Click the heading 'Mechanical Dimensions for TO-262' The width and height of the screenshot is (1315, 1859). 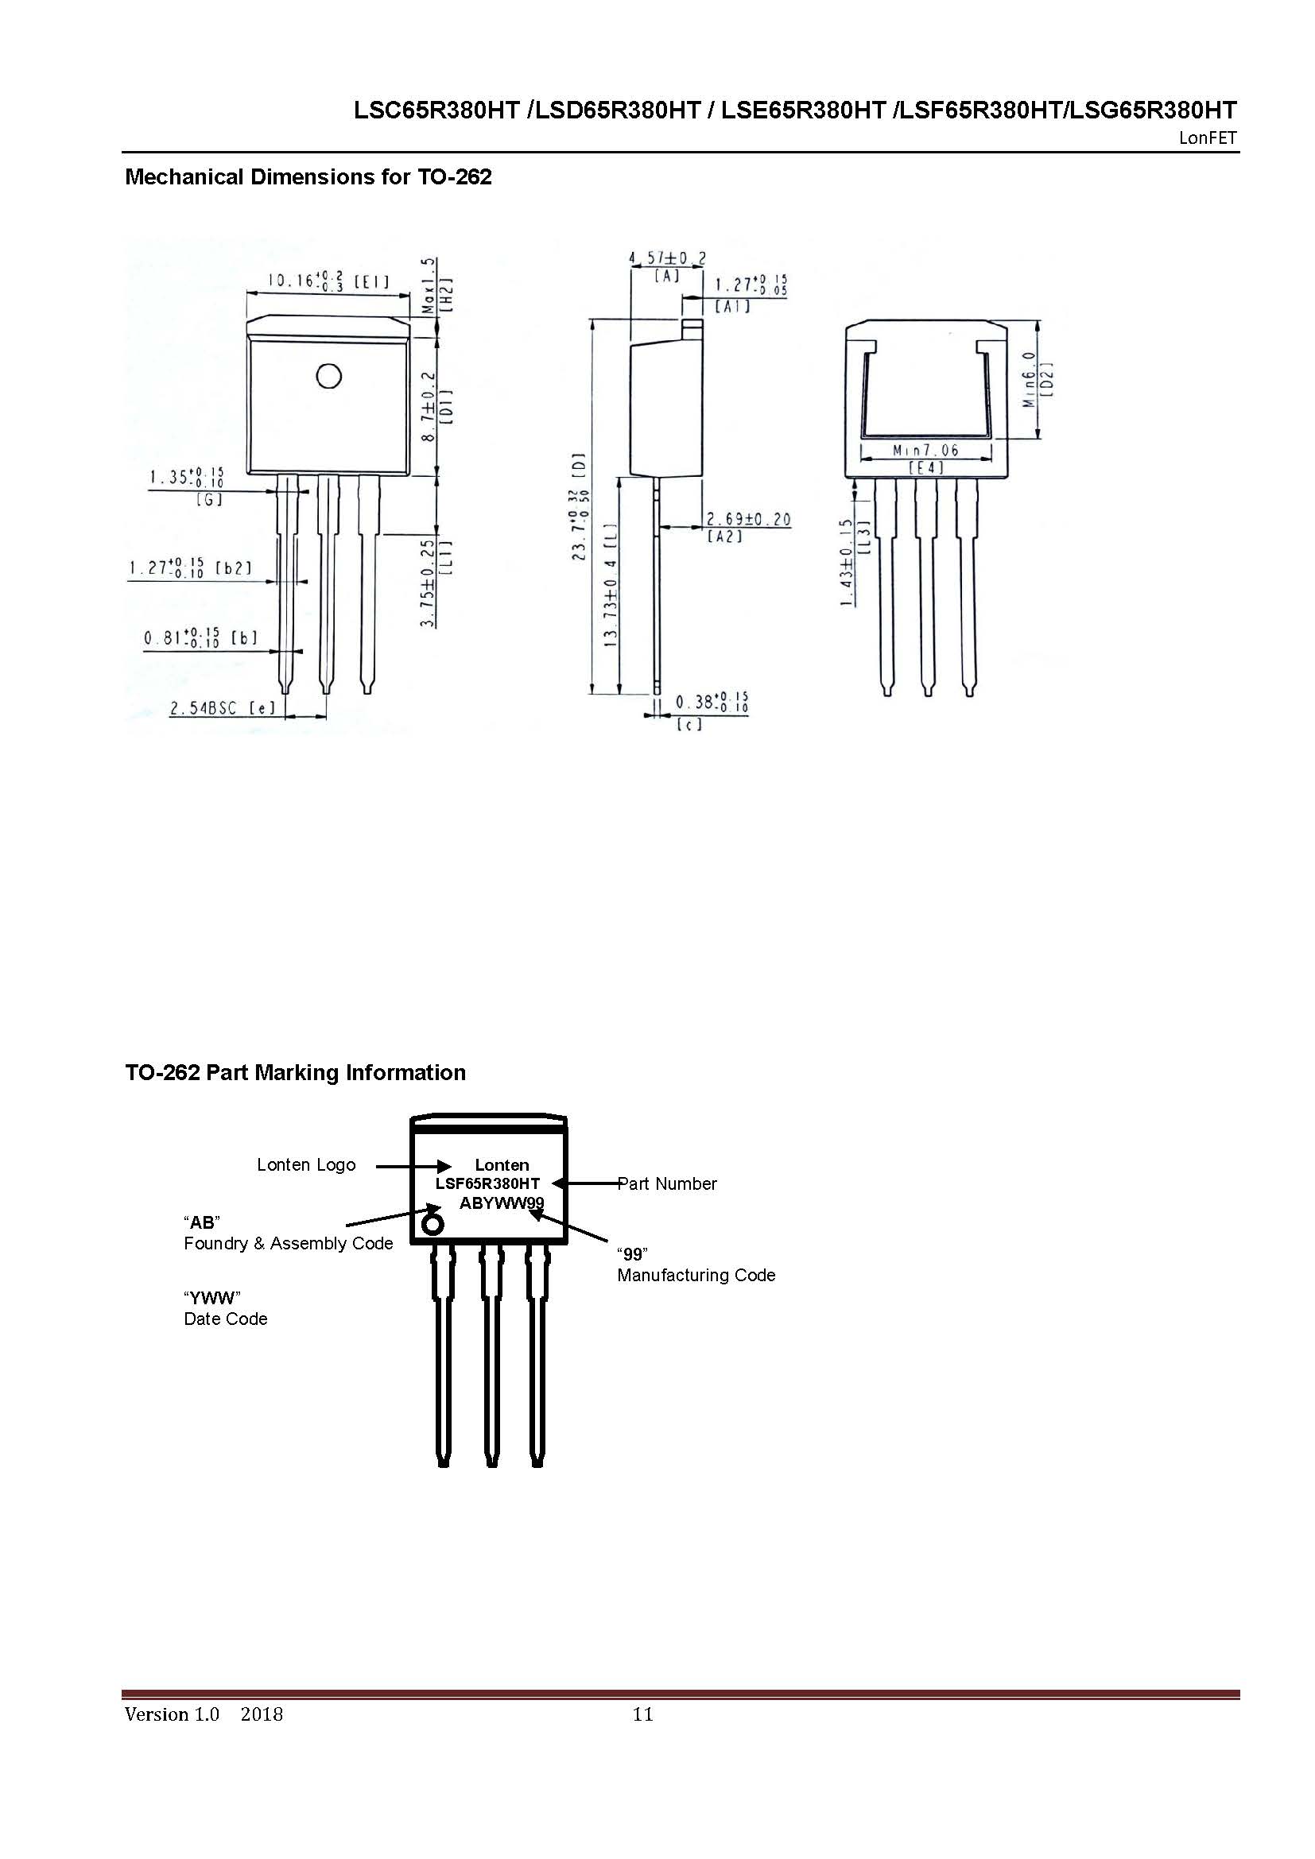point(308,177)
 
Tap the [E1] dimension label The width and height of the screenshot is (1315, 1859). point(371,282)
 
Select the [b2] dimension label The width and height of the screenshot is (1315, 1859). point(234,568)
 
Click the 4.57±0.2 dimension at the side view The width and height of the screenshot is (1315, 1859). point(667,258)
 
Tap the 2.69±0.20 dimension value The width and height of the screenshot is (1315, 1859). point(748,520)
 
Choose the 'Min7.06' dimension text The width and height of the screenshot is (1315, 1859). point(925,450)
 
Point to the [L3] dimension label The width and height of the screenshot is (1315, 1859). point(863,536)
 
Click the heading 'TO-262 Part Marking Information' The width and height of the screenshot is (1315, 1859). point(295,1073)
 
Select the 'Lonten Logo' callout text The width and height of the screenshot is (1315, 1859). point(306,1165)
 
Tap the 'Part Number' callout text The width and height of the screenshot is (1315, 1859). point(667,1183)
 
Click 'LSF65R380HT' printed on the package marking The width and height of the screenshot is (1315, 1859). point(487,1183)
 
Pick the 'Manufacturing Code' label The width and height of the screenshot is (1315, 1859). point(696,1275)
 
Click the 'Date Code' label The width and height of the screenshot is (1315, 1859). point(225,1319)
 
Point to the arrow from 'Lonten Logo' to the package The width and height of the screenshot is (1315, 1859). point(413,1166)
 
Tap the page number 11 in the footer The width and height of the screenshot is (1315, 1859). point(643,1714)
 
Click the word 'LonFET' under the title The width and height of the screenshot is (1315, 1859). point(1208,138)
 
